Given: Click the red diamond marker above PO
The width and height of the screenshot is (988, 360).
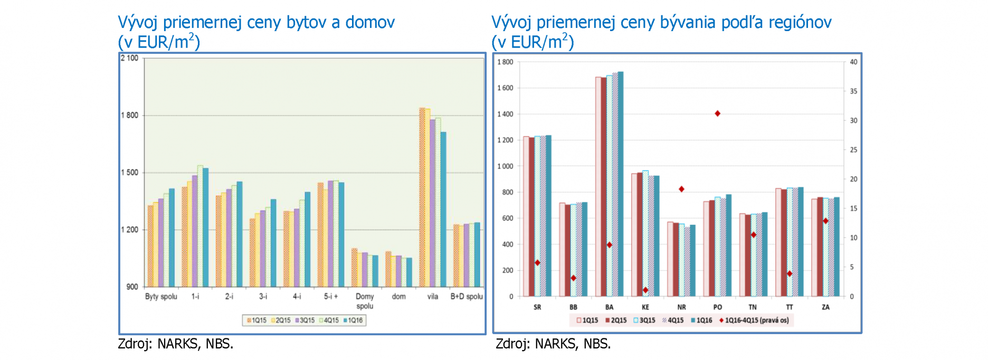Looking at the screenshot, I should click(717, 113).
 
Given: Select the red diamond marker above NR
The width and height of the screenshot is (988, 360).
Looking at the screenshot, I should click(681, 189).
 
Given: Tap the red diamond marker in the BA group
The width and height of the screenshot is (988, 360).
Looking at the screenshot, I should click(610, 245).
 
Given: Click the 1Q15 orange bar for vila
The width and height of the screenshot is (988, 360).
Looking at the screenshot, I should click(422, 197).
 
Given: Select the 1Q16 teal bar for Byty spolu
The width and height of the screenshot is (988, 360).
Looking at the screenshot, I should click(172, 238).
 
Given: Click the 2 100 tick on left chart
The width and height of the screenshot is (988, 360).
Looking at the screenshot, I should click(129, 58).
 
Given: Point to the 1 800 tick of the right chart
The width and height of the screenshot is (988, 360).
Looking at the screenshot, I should click(505, 62).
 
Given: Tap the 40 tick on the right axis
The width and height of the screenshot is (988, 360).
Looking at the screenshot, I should click(853, 62).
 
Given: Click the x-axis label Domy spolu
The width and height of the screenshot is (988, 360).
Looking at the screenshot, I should click(365, 301).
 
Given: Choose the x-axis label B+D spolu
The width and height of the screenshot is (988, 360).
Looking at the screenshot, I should click(467, 297).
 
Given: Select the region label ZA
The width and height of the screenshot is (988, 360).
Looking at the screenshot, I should click(825, 307).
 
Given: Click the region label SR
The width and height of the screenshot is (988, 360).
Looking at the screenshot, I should click(537, 307).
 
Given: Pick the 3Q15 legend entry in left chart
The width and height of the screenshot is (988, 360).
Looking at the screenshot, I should click(305, 320).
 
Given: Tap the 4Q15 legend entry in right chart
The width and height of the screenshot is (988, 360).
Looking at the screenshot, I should click(673, 320).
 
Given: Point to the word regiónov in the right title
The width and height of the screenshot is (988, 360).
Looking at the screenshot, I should click(800, 23).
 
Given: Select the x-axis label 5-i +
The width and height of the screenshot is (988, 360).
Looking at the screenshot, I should click(331, 297).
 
